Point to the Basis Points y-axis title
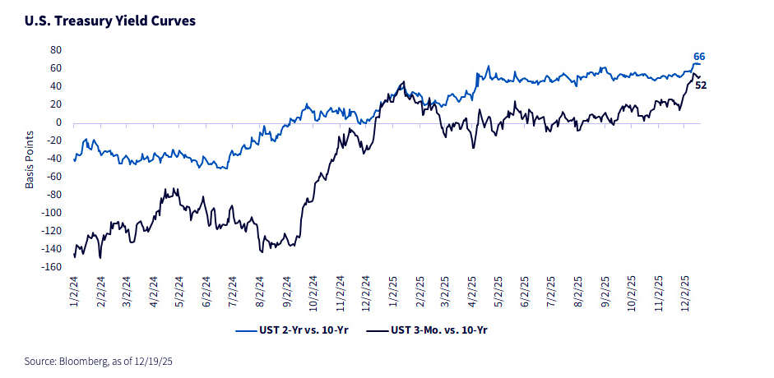[x=30, y=159]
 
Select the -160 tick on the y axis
[x=52, y=267]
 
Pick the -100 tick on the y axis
[x=52, y=213]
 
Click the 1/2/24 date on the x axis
[x=75, y=292]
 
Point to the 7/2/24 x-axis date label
[x=233, y=292]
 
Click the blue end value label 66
[x=699, y=56]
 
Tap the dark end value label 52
[x=702, y=85]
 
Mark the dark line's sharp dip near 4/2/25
[x=473, y=147]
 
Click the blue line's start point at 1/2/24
[x=74, y=160]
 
